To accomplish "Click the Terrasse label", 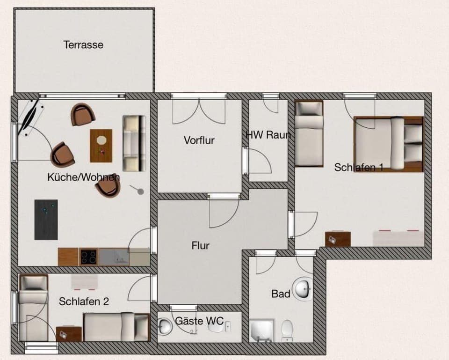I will tap(83, 45).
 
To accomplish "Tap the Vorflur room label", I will tap(199, 140).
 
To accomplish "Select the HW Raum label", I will tap(268, 135).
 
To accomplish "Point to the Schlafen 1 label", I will tap(359, 167).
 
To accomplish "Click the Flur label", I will tap(200, 245).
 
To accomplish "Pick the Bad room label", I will tap(281, 294).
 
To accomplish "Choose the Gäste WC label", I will tap(196, 321).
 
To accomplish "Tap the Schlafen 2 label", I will tap(84, 301).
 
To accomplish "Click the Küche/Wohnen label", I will tap(83, 177).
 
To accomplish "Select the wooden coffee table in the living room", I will tap(101, 145).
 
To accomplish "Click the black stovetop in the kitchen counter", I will tap(88, 257).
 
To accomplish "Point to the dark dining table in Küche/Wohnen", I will tap(46, 220).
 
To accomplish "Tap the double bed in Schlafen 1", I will tap(388, 143).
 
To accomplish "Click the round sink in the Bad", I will tap(303, 288).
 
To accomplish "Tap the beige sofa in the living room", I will tap(134, 143).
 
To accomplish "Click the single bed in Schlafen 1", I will tap(309, 134).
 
